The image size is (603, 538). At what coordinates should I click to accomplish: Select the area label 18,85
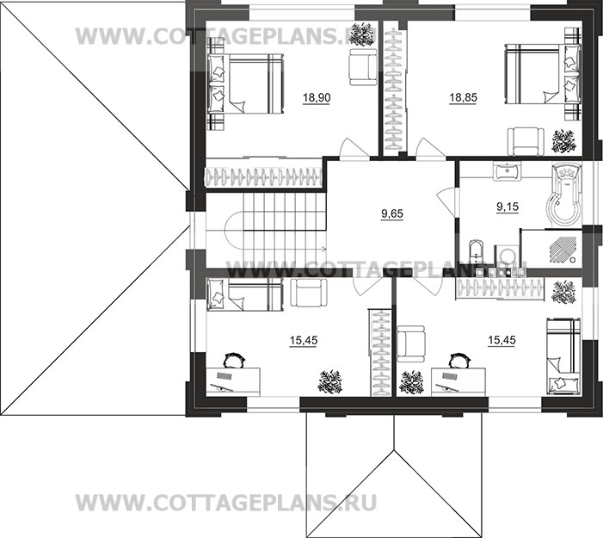462,98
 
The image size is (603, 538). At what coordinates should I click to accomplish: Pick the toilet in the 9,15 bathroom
479,251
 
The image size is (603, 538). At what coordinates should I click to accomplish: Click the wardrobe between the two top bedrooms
394,90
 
